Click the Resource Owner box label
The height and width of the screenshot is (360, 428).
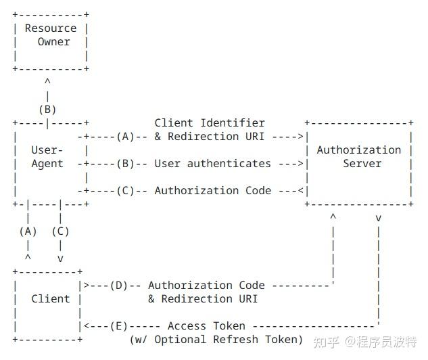click(51, 35)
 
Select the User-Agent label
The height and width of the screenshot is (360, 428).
click(47, 156)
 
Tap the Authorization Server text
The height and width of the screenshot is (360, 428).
click(358, 156)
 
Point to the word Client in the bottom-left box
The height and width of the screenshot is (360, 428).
click(51, 298)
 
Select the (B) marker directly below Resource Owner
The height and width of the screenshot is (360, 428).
click(47, 110)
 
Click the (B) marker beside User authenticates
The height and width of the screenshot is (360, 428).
click(125, 164)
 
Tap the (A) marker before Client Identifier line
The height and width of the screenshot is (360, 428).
click(125, 137)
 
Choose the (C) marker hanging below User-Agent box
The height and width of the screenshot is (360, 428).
click(60, 231)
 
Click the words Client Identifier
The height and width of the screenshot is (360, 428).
click(210, 122)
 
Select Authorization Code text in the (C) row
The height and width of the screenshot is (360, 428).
click(212, 191)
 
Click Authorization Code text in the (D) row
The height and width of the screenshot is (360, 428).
click(206, 286)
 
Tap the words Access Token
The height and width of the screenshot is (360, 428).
click(206, 326)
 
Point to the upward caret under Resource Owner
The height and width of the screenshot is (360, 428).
click(47, 83)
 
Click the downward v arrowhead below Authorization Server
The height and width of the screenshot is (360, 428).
click(378, 219)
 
